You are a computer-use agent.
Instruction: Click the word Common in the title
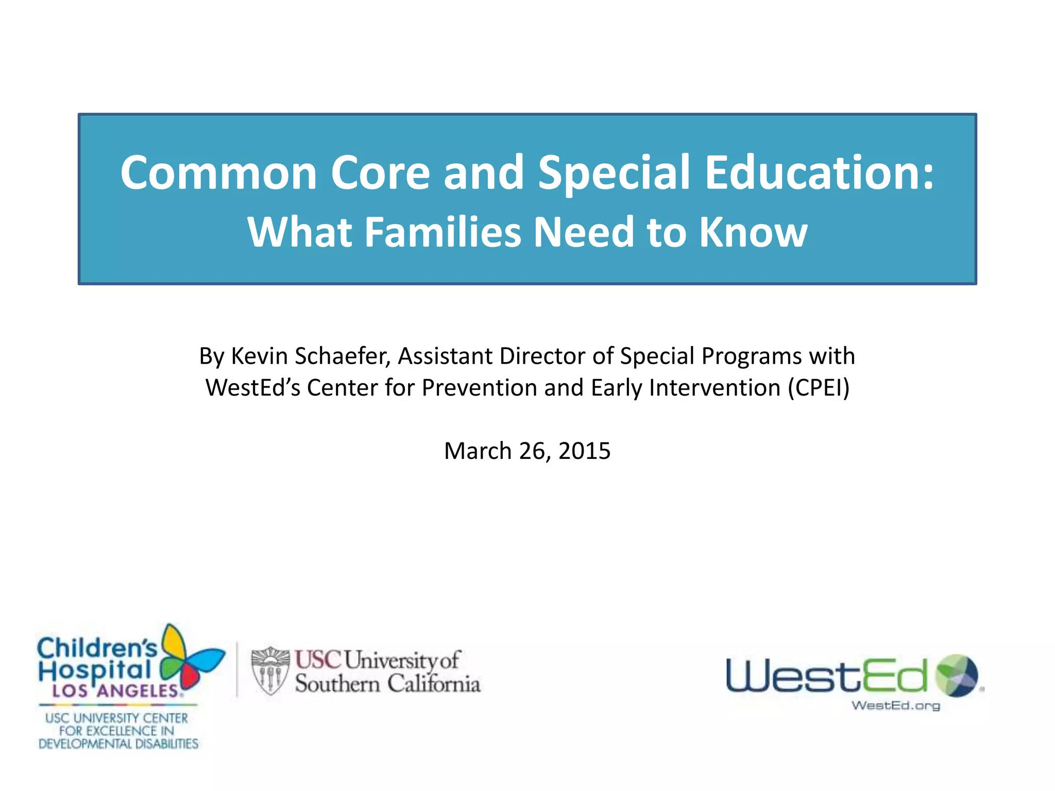[x=218, y=173]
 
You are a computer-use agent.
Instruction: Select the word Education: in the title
[x=819, y=173]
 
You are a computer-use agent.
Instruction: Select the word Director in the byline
[x=542, y=356]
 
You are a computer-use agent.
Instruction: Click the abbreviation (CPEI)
[x=819, y=388]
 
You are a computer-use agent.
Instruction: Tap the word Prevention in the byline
[x=479, y=388]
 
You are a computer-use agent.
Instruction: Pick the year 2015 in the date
[x=584, y=451]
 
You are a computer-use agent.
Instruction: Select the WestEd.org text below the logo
[x=895, y=706]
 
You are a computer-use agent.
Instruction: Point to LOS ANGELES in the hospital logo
[x=116, y=691]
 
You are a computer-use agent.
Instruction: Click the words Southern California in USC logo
[x=387, y=684]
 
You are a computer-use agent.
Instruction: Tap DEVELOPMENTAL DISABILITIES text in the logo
[x=118, y=744]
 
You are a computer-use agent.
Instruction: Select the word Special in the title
[x=614, y=173]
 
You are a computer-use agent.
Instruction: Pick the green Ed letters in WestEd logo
[x=894, y=676]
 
